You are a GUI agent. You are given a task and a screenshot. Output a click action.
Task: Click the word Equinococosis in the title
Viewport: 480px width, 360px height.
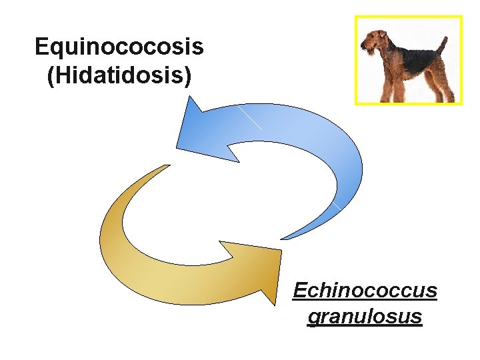[x=119, y=47]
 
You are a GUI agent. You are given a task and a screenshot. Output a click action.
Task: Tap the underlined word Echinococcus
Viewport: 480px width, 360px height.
[x=365, y=291]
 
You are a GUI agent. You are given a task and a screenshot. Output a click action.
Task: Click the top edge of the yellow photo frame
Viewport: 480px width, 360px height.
[x=408, y=17]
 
